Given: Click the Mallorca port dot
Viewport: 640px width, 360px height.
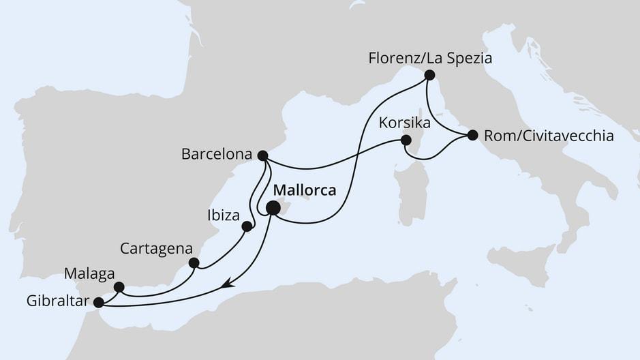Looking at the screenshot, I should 273,209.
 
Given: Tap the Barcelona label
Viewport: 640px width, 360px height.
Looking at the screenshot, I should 216,155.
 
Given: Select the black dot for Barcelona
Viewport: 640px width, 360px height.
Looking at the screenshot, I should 262,155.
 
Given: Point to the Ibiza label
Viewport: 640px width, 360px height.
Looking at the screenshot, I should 222,215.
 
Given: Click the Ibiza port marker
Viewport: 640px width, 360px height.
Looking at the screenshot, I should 247,226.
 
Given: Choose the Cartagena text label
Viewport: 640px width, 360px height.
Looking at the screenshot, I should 156,248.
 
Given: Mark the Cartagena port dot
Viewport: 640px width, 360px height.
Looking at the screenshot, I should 194,262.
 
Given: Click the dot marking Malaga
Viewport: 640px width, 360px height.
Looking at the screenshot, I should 119,287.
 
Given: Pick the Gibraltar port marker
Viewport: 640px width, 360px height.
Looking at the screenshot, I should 98,302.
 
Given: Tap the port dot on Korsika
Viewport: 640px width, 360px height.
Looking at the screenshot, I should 406,140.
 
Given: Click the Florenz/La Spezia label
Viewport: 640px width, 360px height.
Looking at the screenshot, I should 429,58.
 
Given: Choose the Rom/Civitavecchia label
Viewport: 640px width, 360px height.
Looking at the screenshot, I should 549,136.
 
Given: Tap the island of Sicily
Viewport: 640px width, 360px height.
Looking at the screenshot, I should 521,264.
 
